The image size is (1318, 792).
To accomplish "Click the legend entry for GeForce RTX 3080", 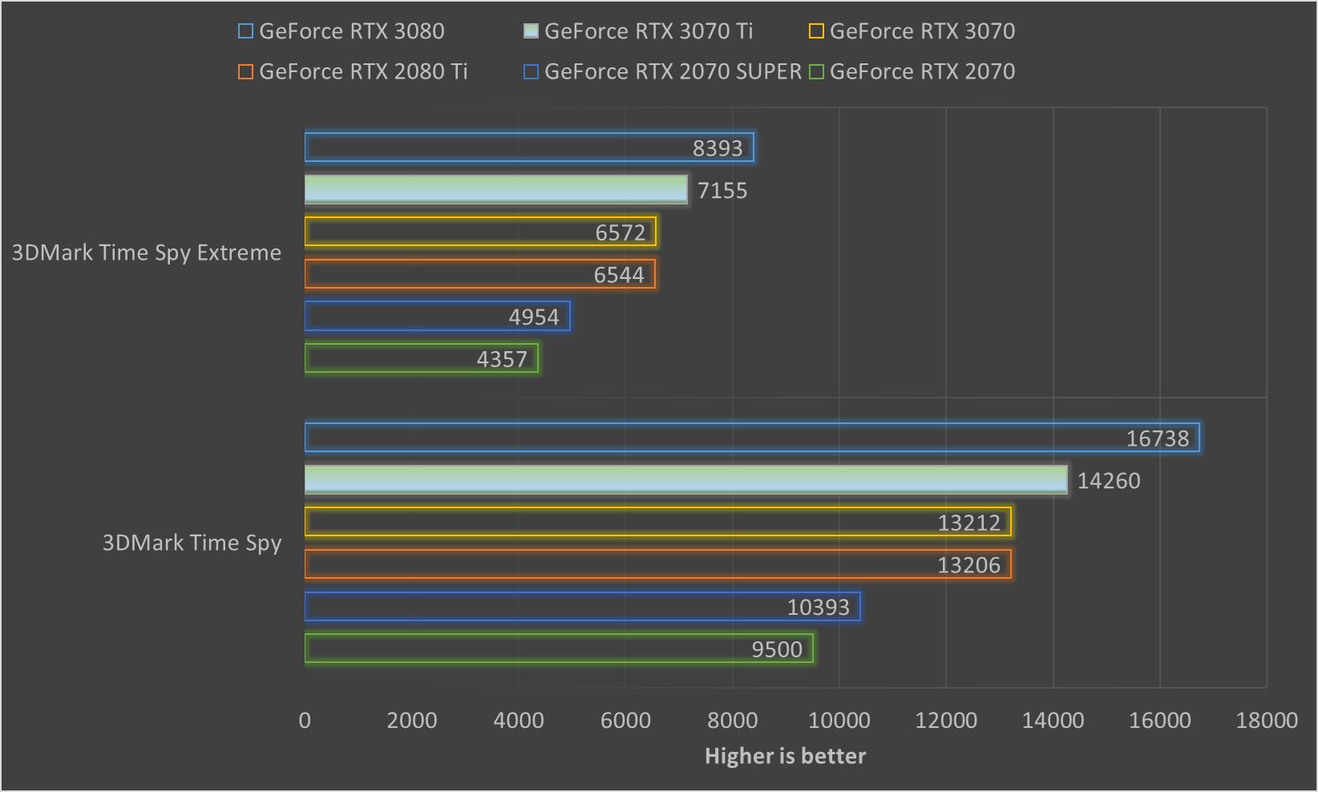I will tap(342, 31).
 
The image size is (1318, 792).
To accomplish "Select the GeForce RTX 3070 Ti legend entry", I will tap(638, 31).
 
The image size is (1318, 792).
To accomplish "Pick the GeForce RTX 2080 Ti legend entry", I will tap(353, 71).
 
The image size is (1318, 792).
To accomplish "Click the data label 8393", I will tap(718, 148).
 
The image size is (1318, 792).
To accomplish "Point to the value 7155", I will tap(722, 191).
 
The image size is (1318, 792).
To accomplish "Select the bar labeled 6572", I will tap(480, 232).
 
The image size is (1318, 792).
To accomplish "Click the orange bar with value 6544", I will tap(479, 275).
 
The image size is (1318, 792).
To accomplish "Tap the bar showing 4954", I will tap(437, 317).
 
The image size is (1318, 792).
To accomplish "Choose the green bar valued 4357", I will tap(421, 359).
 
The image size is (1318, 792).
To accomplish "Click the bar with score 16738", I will tap(751, 438).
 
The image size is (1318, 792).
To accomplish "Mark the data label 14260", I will tap(1108, 481).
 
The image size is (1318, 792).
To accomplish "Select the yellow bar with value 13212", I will tap(657, 523).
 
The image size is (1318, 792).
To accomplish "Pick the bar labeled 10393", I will tap(582, 607).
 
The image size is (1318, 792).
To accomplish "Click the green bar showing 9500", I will tap(559, 649).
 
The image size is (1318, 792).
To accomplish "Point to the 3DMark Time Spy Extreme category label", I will tap(147, 253).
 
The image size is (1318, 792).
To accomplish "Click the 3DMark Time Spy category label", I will tap(192, 543).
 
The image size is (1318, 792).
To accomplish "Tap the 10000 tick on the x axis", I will tap(839, 721).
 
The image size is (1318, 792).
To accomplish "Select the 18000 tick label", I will tap(1266, 721).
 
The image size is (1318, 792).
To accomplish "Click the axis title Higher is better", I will tap(785, 757).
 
